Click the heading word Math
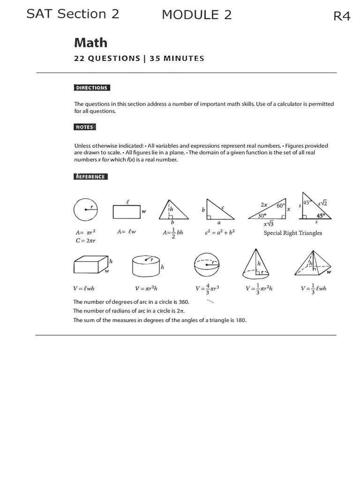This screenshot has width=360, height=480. tap(90, 43)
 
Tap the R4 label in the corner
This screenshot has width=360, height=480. tap(342, 16)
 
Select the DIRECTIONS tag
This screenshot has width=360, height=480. tap(92, 88)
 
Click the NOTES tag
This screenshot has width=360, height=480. tap(85, 127)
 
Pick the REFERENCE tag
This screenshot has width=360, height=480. tap(91, 177)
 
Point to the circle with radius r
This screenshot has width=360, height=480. tap(85, 210)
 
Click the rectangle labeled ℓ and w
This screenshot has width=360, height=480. tap(126, 212)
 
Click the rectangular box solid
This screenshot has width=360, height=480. tap(90, 265)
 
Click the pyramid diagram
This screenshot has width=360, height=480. tap(312, 264)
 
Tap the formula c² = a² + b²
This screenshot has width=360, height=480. tap(220, 232)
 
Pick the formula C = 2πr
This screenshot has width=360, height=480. tap(86, 240)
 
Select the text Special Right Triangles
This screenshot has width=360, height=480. tap(292, 233)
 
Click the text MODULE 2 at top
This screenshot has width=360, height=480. tap(196, 15)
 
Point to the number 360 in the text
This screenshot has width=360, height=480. tap(184, 302)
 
